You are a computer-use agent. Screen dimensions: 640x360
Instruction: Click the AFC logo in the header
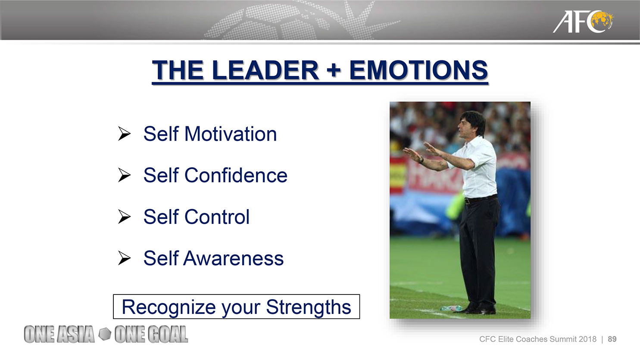[583, 22]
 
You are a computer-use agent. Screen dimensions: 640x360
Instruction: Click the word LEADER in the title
[265, 70]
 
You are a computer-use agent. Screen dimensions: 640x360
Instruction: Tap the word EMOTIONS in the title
[418, 70]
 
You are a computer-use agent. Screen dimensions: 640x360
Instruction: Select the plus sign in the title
[334, 70]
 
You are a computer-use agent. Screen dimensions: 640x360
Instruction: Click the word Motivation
[231, 134]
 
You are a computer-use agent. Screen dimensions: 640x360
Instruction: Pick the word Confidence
[236, 175]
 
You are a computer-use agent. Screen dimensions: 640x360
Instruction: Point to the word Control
[217, 216]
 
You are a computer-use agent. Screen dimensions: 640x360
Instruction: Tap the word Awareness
[233, 258]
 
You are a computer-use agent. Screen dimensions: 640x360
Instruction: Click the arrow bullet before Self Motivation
[124, 134]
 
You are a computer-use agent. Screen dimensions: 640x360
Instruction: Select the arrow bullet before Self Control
[124, 216]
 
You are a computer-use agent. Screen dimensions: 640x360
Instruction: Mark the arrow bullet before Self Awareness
[124, 258]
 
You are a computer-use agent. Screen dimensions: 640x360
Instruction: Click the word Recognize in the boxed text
[169, 307]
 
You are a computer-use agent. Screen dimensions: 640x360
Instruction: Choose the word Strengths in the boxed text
[309, 307]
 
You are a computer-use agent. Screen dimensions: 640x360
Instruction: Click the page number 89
[612, 339]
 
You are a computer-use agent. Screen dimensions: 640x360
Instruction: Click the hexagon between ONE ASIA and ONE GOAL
[105, 334]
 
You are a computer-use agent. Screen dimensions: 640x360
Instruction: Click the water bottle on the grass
[451, 308]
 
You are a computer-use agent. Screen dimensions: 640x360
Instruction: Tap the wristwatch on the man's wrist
[421, 160]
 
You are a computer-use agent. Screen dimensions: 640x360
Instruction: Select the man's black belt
[481, 199]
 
